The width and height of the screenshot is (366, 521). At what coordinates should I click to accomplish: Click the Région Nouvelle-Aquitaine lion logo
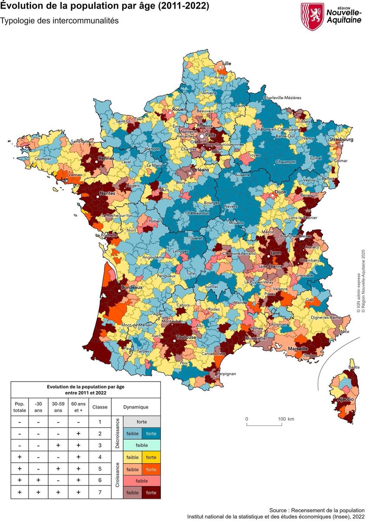point(312,16)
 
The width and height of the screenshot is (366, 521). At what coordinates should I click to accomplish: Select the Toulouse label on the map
point(186,337)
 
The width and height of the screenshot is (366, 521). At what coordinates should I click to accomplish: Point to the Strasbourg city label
point(341,139)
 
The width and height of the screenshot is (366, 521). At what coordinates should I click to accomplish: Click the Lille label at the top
point(226,63)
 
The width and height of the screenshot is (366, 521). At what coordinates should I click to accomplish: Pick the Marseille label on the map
point(297,349)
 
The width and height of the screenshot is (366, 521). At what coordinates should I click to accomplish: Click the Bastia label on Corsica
point(354,367)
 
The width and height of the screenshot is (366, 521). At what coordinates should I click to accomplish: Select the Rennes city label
point(106,158)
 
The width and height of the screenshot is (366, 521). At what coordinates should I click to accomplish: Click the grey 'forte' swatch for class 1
point(141,422)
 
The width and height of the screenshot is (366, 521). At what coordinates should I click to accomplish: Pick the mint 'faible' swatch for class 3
point(141,445)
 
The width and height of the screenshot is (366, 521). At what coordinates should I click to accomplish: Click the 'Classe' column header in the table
point(100,407)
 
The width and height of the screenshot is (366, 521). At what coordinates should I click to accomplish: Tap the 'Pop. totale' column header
point(20,407)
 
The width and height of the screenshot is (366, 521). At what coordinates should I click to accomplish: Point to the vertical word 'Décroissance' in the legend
point(117,433)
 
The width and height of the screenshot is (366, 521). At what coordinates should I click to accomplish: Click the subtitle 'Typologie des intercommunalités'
point(59,21)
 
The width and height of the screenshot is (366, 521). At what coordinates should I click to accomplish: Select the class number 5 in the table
point(100,469)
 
